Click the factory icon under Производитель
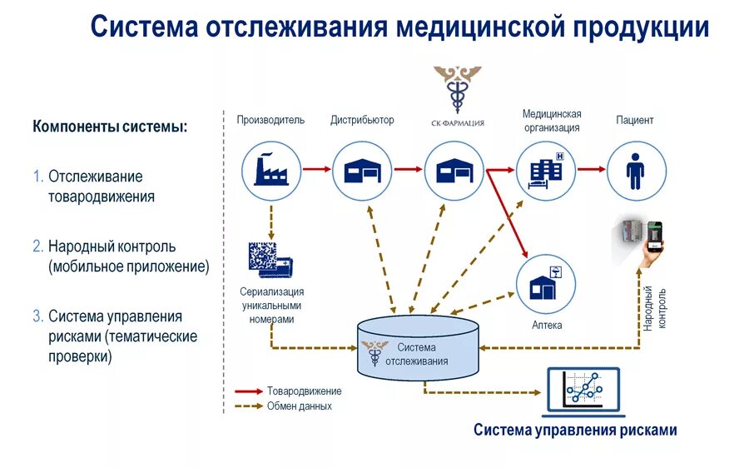pos(271,169)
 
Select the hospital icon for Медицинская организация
pos(546,169)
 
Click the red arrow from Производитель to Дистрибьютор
pos(316,169)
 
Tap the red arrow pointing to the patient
pos(591,169)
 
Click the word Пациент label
pos(635,120)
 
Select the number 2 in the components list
pos(37,246)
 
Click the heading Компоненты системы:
pos(110,127)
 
